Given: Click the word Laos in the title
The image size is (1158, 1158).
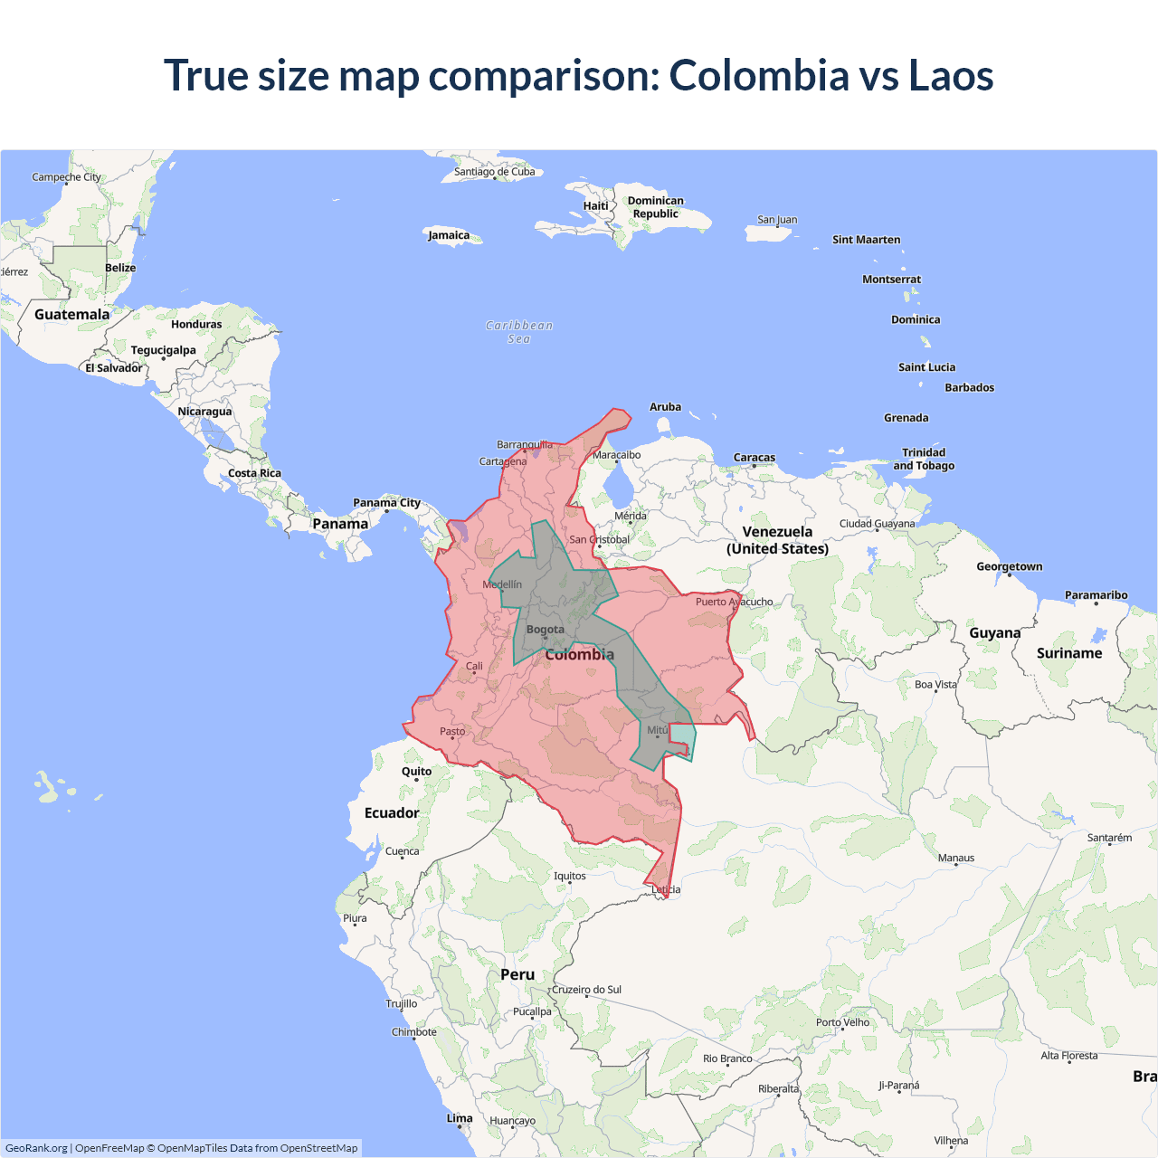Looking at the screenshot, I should [x=951, y=75].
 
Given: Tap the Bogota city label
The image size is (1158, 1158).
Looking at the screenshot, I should [x=545, y=630].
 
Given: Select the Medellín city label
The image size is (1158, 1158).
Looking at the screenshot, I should [x=502, y=584].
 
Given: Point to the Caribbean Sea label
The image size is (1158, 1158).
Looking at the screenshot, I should [x=519, y=332].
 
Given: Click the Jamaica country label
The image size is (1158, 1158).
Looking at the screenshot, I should [x=449, y=235].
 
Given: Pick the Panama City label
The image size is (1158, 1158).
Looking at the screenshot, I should [x=386, y=503].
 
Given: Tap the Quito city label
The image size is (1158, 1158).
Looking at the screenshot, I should [x=416, y=772].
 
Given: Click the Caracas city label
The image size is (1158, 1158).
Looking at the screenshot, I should [x=755, y=458].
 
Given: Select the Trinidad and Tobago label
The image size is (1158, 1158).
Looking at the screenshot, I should [x=924, y=459].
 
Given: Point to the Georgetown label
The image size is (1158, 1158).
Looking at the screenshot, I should [x=1009, y=566].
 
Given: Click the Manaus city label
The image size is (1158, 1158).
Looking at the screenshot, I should [x=956, y=858].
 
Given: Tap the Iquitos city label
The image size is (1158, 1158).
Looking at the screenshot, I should [x=570, y=876].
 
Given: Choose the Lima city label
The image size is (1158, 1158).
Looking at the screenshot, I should [x=460, y=1118].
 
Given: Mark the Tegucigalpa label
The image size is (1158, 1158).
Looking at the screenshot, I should [x=163, y=350].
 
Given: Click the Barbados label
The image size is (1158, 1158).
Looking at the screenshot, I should [x=969, y=387].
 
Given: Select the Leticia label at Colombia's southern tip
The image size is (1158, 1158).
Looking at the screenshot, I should [x=666, y=889].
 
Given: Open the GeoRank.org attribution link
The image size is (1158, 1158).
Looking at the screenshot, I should [x=36, y=1148].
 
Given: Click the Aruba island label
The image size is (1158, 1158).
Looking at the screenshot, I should [x=665, y=407].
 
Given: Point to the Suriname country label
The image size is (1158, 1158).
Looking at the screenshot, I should [x=1069, y=653].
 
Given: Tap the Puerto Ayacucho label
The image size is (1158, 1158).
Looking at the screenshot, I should [x=734, y=602].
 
